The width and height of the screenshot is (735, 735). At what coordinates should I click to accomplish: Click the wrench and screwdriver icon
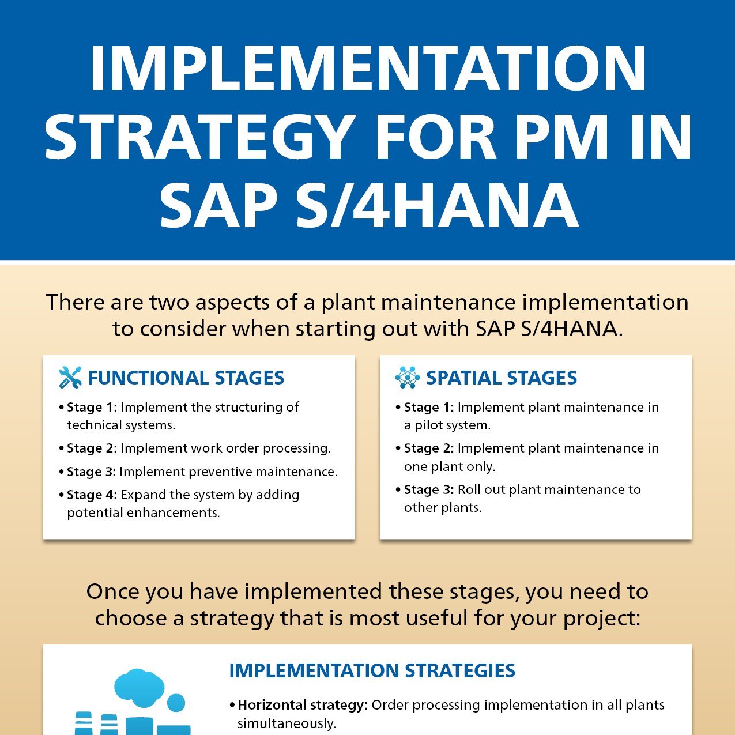click(70, 377)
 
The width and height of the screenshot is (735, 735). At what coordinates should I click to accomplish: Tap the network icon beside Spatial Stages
click(408, 377)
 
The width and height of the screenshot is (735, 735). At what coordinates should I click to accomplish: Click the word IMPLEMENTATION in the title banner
click(368, 69)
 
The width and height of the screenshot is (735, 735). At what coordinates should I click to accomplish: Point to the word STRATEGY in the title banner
click(198, 137)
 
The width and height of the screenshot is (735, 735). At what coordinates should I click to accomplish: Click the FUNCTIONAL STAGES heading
click(186, 378)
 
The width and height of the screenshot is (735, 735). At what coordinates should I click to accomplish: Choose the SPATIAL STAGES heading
click(501, 378)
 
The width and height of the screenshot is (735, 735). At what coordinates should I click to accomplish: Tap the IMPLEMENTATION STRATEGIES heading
click(372, 671)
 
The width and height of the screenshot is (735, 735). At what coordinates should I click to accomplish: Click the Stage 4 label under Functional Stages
click(92, 495)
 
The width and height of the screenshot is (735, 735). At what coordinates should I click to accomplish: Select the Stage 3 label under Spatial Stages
click(429, 489)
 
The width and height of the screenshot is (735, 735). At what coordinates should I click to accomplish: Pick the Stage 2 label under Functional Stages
click(92, 448)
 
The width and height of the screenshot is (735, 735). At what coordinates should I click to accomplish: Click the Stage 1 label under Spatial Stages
click(429, 407)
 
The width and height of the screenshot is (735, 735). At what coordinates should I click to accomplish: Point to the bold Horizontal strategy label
click(303, 705)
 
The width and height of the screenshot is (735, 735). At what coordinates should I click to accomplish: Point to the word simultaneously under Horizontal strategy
click(287, 723)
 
